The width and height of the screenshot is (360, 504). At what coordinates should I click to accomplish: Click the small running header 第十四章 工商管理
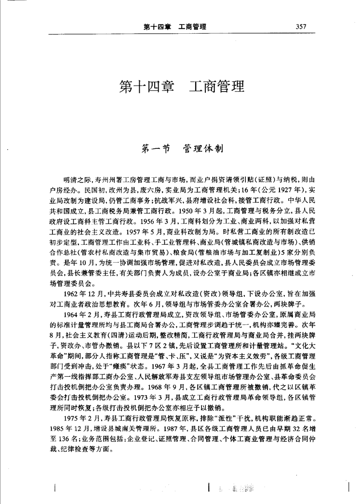175,27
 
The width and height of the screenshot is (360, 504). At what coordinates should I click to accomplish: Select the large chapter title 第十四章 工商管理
182,87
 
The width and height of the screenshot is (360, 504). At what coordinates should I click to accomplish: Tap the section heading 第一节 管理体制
181,148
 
